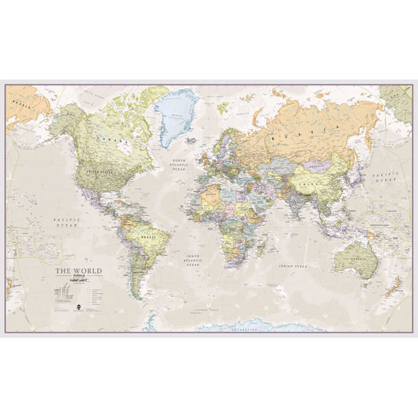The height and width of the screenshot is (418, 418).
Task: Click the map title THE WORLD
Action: pyautogui.click(x=78, y=271)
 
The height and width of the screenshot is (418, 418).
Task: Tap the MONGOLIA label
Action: pyautogui.click(x=317, y=164)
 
